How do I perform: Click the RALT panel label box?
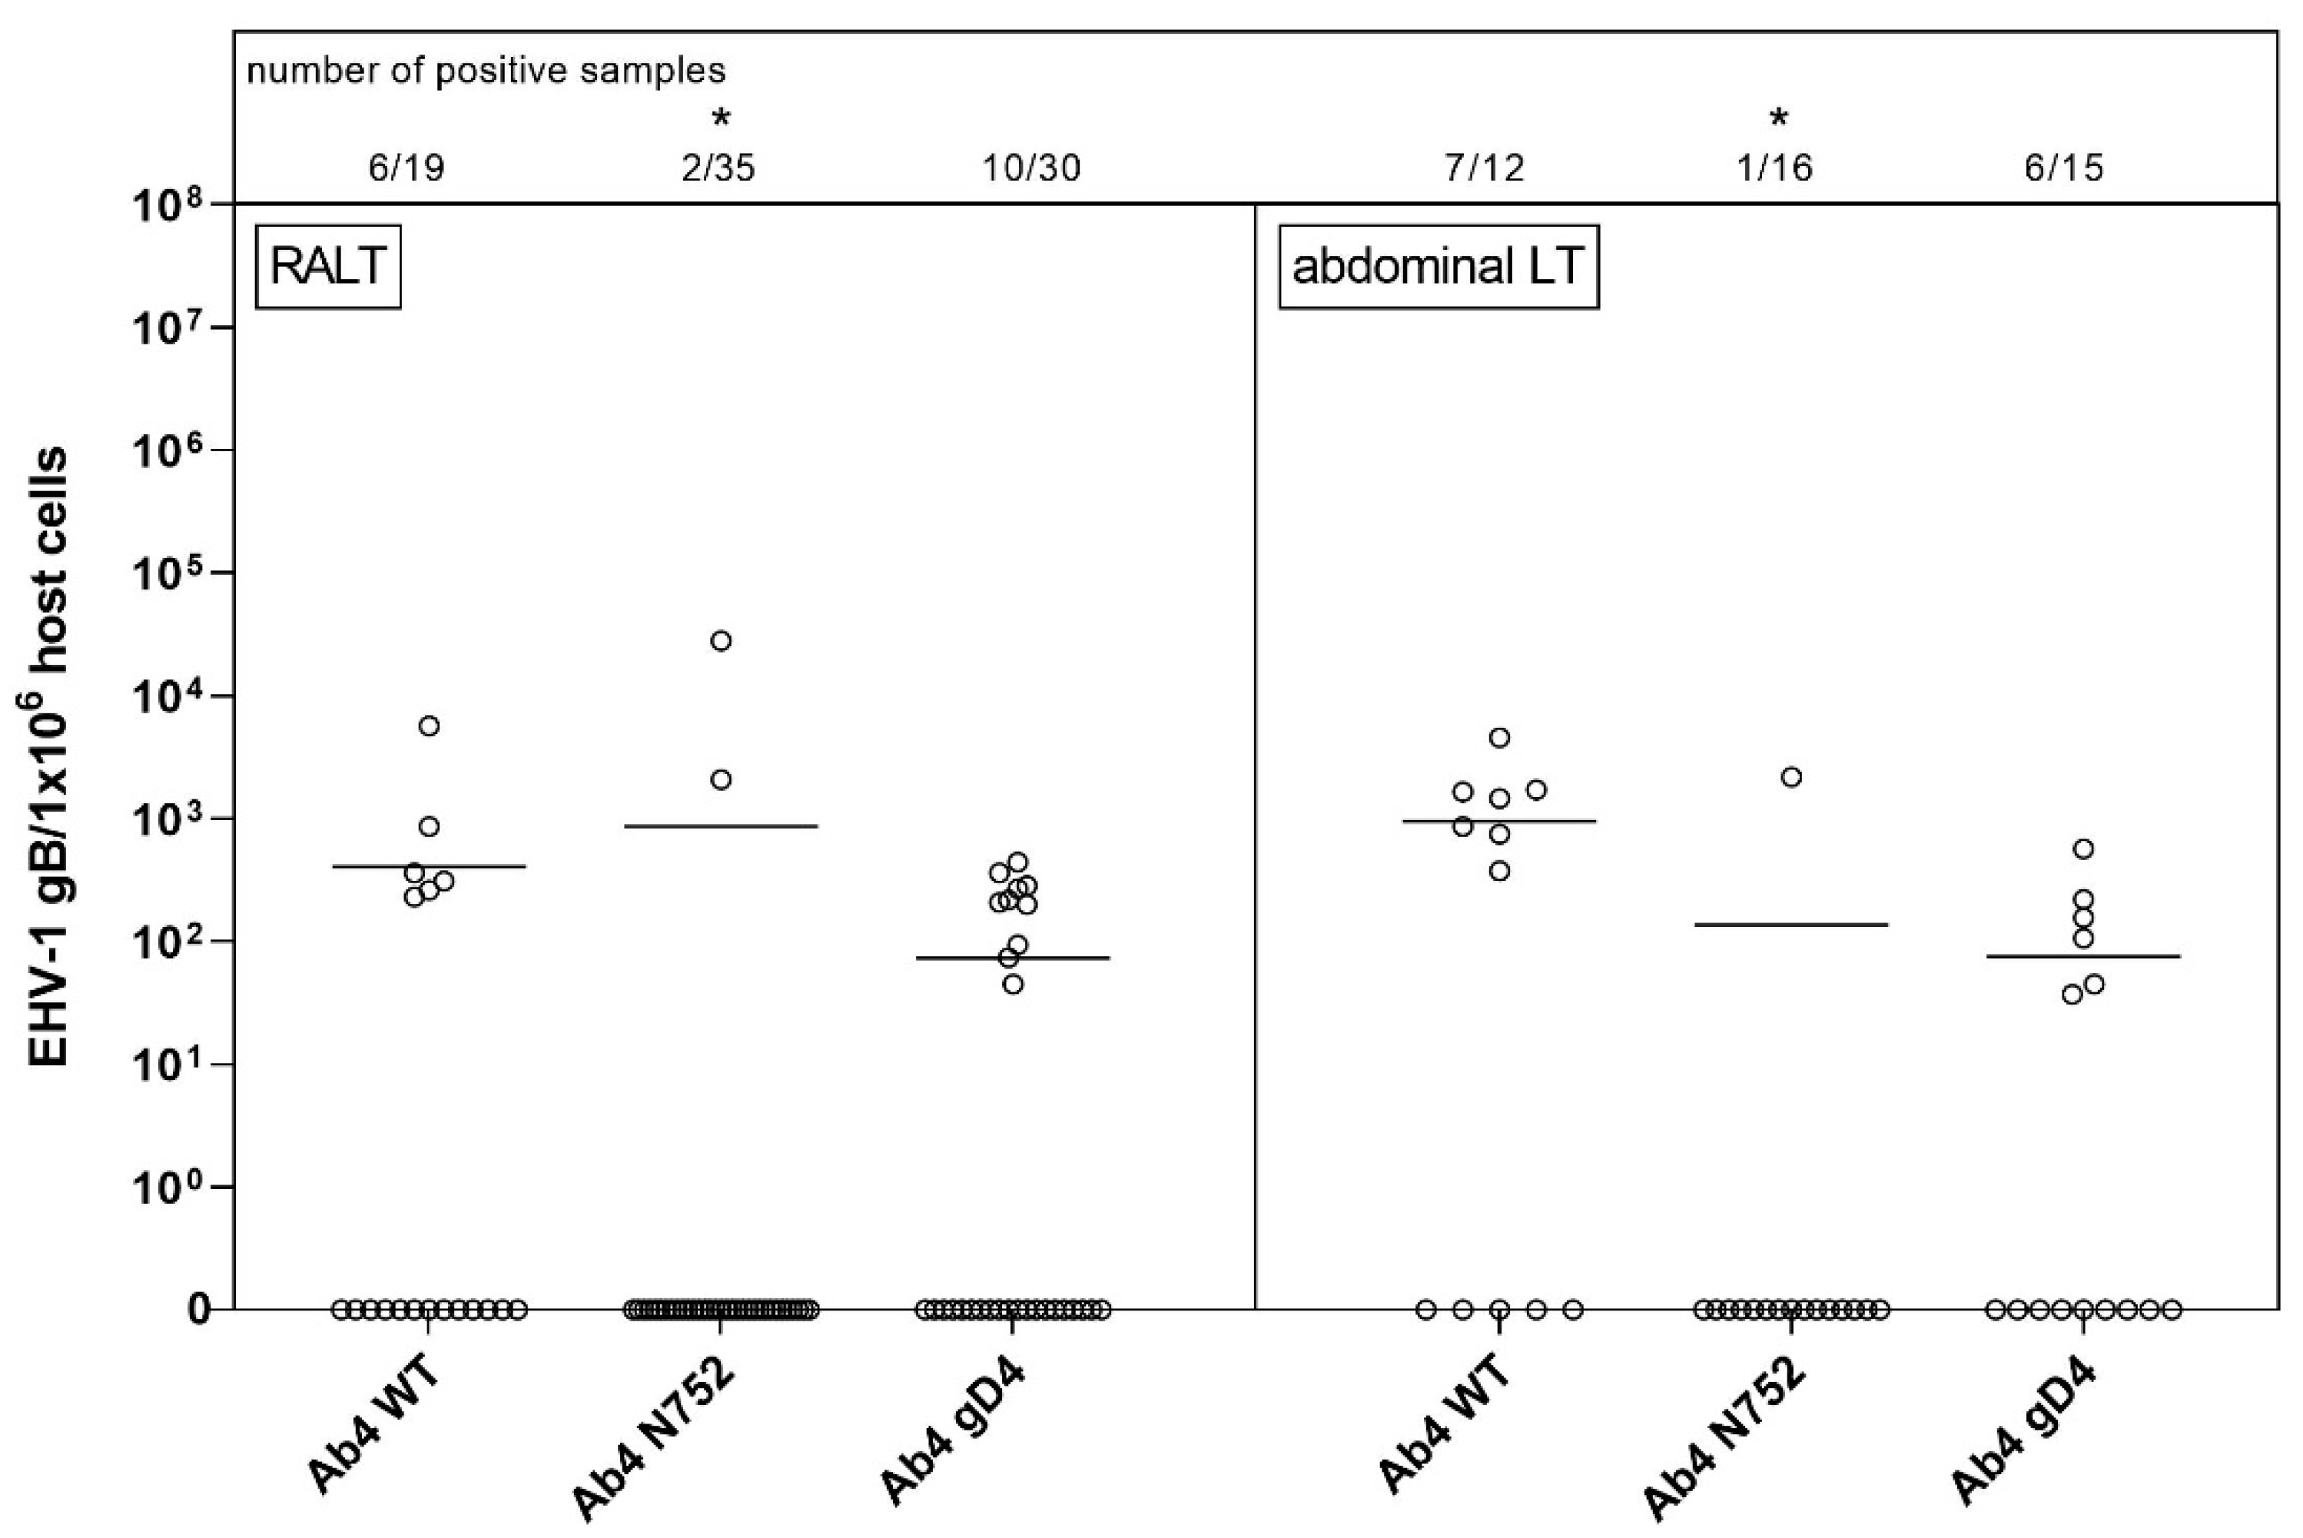(x=327, y=266)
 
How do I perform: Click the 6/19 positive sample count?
(x=406, y=168)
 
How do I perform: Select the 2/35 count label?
(x=718, y=168)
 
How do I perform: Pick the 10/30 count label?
(x=1031, y=168)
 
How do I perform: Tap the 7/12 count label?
(x=1485, y=168)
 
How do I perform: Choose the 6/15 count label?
(x=2064, y=168)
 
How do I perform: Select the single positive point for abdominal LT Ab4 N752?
(x=1791, y=778)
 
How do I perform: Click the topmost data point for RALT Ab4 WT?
(x=430, y=726)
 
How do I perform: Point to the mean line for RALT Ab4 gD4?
(x=1014, y=958)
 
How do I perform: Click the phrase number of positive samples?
(x=486, y=71)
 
